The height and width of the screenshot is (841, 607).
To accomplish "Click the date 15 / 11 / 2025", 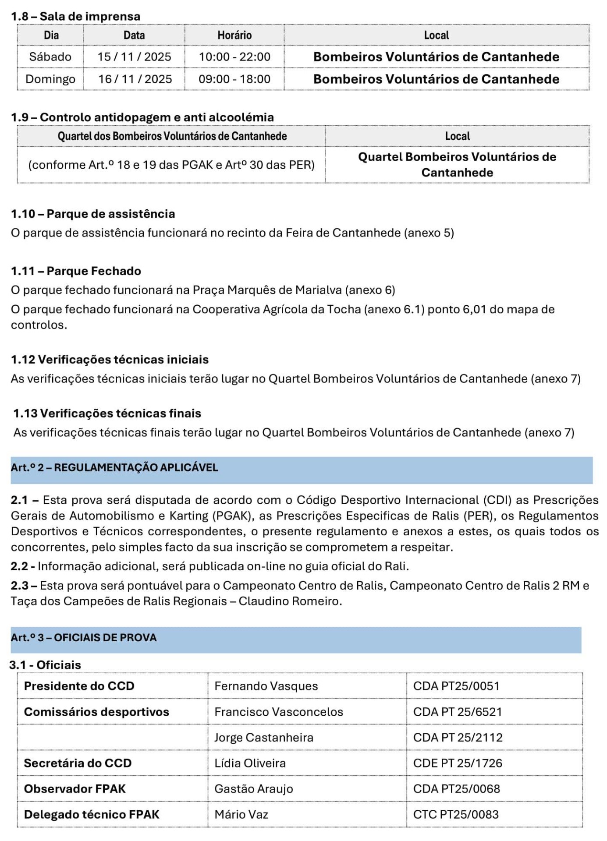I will point(134,57).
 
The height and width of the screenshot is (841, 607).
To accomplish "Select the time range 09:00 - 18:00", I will point(234,79).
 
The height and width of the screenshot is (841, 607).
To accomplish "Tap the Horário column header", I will point(234,35).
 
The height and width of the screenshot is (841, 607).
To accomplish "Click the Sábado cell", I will point(50,57).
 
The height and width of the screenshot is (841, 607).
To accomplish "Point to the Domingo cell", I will point(50,79).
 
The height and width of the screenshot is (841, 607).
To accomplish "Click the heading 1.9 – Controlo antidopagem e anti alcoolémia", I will point(142,117).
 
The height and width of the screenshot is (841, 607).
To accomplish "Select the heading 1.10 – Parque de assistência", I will point(93,214).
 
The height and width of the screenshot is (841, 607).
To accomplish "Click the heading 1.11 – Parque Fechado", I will point(76,271).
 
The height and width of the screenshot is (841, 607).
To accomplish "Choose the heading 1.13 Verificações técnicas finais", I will point(107,413).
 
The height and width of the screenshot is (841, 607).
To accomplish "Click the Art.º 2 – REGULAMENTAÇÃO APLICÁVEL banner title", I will point(114,467).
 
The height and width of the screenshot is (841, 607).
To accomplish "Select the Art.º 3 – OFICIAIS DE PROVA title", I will point(84,638).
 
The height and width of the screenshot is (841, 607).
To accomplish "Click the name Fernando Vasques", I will point(266,686).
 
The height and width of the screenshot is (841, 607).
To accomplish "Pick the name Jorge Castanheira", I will point(264,738).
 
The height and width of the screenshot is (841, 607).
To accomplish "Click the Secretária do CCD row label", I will point(78,763).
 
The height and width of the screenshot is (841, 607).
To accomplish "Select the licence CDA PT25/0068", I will point(456,789).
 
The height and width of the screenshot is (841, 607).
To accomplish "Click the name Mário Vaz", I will point(241,815).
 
